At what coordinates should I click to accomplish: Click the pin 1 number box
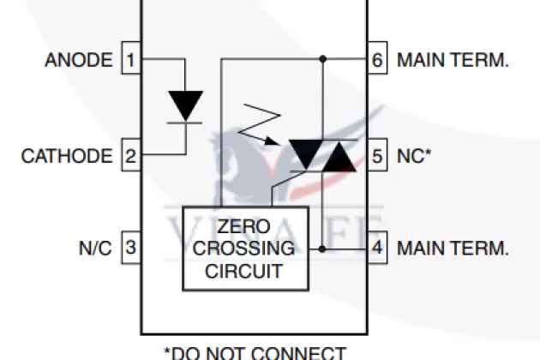click(130, 60)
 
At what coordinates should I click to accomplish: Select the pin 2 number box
click(130, 156)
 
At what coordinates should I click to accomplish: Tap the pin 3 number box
click(130, 249)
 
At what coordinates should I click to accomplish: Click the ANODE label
click(78, 60)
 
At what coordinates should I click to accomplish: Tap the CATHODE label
click(67, 156)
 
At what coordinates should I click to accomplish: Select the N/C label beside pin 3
click(95, 249)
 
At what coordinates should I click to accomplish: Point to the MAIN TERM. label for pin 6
click(453, 60)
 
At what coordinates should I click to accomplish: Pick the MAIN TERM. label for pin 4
click(453, 249)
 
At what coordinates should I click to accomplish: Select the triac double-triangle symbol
click(321, 155)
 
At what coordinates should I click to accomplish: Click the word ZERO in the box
click(244, 227)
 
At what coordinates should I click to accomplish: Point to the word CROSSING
click(244, 249)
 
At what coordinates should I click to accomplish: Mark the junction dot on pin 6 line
click(322, 60)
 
